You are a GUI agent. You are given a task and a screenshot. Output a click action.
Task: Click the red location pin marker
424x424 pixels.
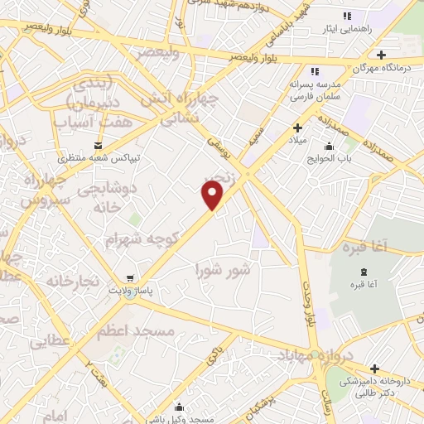(213, 194)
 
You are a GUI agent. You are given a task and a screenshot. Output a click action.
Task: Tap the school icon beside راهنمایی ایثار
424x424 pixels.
(348, 16)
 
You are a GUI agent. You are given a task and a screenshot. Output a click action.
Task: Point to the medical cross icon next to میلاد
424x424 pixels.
(297, 128)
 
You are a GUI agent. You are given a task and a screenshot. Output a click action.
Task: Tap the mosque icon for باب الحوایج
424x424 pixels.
(329, 147)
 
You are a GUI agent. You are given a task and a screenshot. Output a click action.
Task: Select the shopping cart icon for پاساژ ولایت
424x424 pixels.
(128, 279)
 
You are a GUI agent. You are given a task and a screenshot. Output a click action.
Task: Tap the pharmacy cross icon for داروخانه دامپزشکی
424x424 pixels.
(374, 369)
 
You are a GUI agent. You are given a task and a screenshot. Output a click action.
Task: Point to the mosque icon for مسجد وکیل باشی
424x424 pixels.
(179, 407)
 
